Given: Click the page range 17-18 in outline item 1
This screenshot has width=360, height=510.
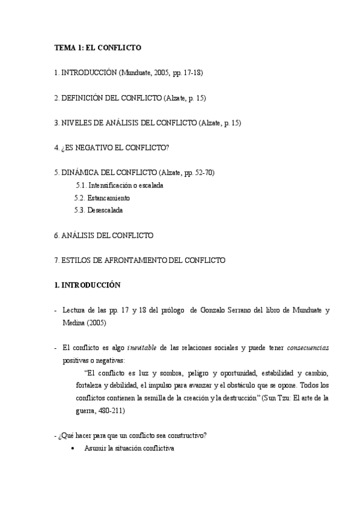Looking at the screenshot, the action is point(192,72).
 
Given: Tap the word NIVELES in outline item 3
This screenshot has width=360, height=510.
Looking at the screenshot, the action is point(75,123).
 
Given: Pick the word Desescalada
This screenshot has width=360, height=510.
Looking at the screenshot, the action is point(104,210).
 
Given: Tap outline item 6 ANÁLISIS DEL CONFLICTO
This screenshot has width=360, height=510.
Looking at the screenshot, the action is point(103,235).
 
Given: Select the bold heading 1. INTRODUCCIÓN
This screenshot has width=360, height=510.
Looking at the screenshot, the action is point(87,286).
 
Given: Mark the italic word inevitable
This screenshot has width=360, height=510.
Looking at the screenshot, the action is point(144,348).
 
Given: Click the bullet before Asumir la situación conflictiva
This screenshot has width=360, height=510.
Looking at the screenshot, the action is point(73,449).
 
